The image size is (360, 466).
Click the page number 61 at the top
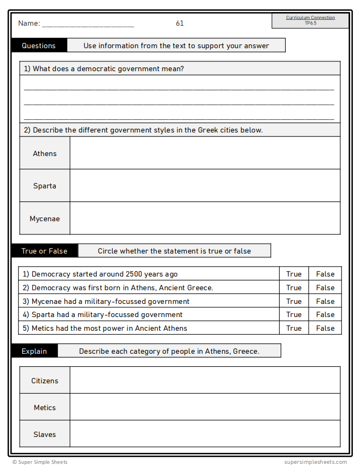pyautogui.click(x=179, y=23)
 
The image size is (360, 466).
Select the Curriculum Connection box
pyautogui.click(x=310, y=20)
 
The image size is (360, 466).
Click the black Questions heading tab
pyautogui.click(x=39, y=45)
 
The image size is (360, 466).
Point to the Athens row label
pyautogui.click(x=45, y=153)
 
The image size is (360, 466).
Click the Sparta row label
pyautogui.click(x=45, y=186)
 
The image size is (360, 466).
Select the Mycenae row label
pyautogui.click(x=45, y=218)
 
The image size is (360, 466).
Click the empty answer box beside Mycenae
pyautogui.click(x=205, y=218)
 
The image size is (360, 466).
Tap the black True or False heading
pyautogui.click(x=44, y=251)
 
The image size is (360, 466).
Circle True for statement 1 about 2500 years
pyautogui.click(x=294, y=274)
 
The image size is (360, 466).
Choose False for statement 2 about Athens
pyautogui.click(x=325, y=287)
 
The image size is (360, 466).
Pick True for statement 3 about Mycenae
pyautogui.click(x=294, y=301)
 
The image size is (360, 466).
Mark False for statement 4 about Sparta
pyautogui.click(x=325, y=314)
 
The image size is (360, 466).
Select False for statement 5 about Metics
pyautogui.click(x=325, y=328)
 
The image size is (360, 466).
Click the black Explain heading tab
pyautogui.click(x=34, y=351)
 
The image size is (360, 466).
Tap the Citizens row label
pyautogui.click(x=45, y=381)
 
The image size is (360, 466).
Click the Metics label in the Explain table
pyautogui.click(x=45, y=407)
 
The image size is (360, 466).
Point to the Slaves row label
pyautogui.click(x=45, y=434)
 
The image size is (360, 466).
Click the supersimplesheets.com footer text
pyautogui.click(x=315, y=462)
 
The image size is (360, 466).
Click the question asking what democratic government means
pyautogui.click(x=104, y=68)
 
